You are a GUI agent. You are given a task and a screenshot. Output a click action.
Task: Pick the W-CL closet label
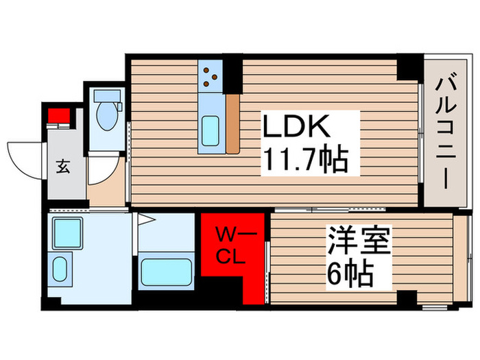(x=234, y=247)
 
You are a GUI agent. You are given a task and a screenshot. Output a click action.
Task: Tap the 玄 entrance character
(x=62, y=165)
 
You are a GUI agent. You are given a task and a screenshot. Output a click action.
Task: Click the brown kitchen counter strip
(x=232, y=123)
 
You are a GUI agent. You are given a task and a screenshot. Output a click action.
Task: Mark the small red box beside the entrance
(x=59, y=115)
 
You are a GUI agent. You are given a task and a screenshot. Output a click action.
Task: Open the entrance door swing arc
(x=25, y=155)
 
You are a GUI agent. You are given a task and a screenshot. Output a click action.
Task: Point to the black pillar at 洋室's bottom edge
(x=408, y=298)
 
